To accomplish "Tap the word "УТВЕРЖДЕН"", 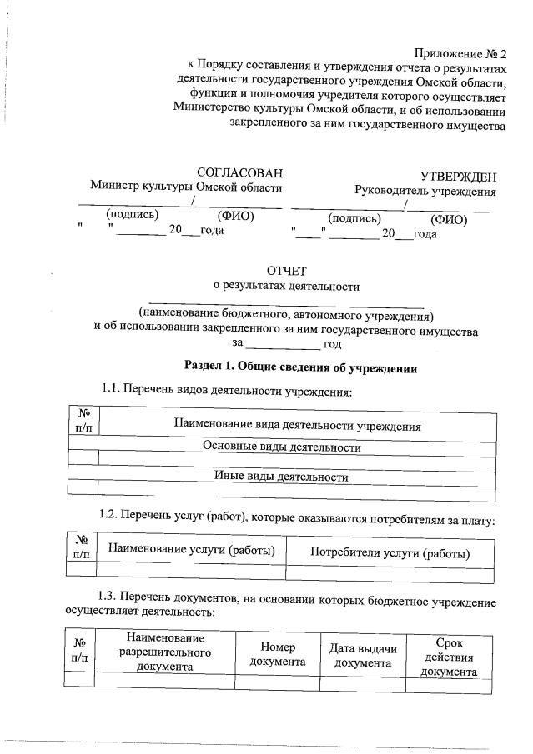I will pyautogui.click(x=458, y=177).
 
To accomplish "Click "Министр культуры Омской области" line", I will pyautogui.click(x=186, y=187).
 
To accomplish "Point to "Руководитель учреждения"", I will pyautogui.click(x=425, y=191).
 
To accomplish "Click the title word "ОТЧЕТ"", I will pyautogui.click(x=286, y=271).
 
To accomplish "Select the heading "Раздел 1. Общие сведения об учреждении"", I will pyautogui.click(x=299, y=367).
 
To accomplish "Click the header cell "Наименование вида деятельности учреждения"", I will pyautogui.click(x=296, y=426).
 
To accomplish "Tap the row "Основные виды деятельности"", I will pyautogui.click(x=282, y=447).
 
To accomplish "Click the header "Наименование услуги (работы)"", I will pyautogui.click(x=191, y=549).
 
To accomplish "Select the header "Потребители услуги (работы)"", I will pyautogui.click(x=390, y=553).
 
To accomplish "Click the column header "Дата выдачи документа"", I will pyautogui.click(x=363, y=657).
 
